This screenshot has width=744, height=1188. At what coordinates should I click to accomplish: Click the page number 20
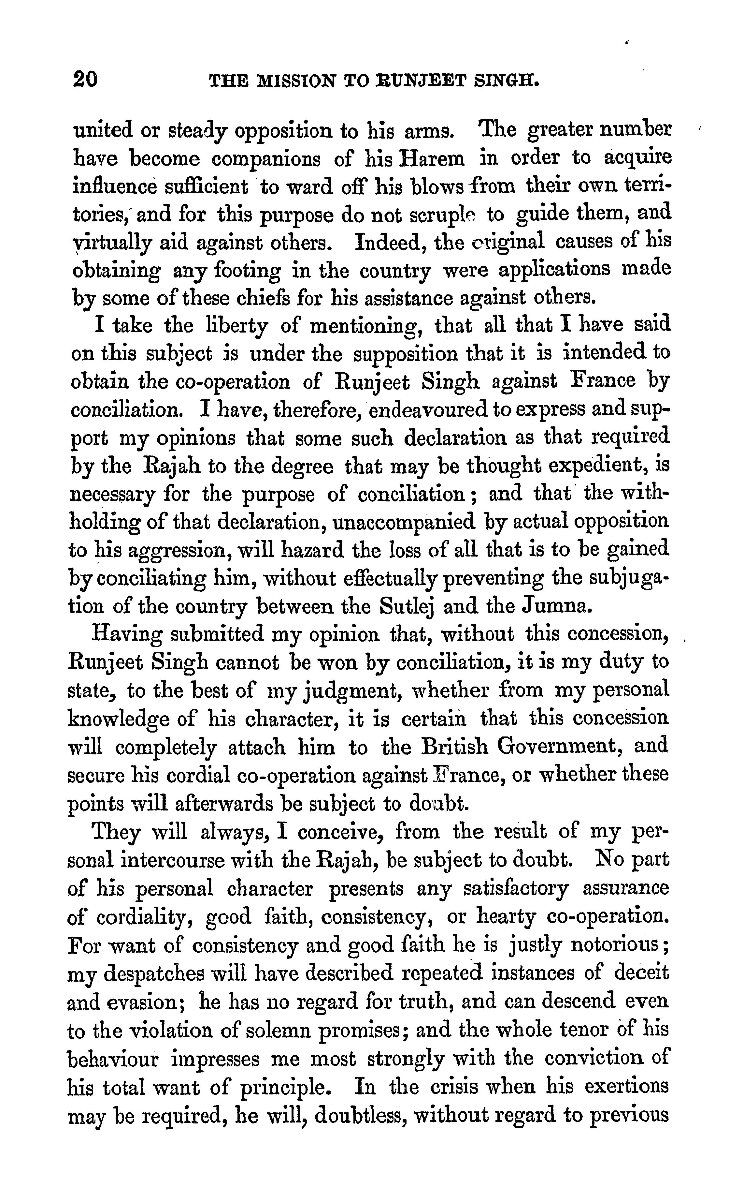pos(85,79)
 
